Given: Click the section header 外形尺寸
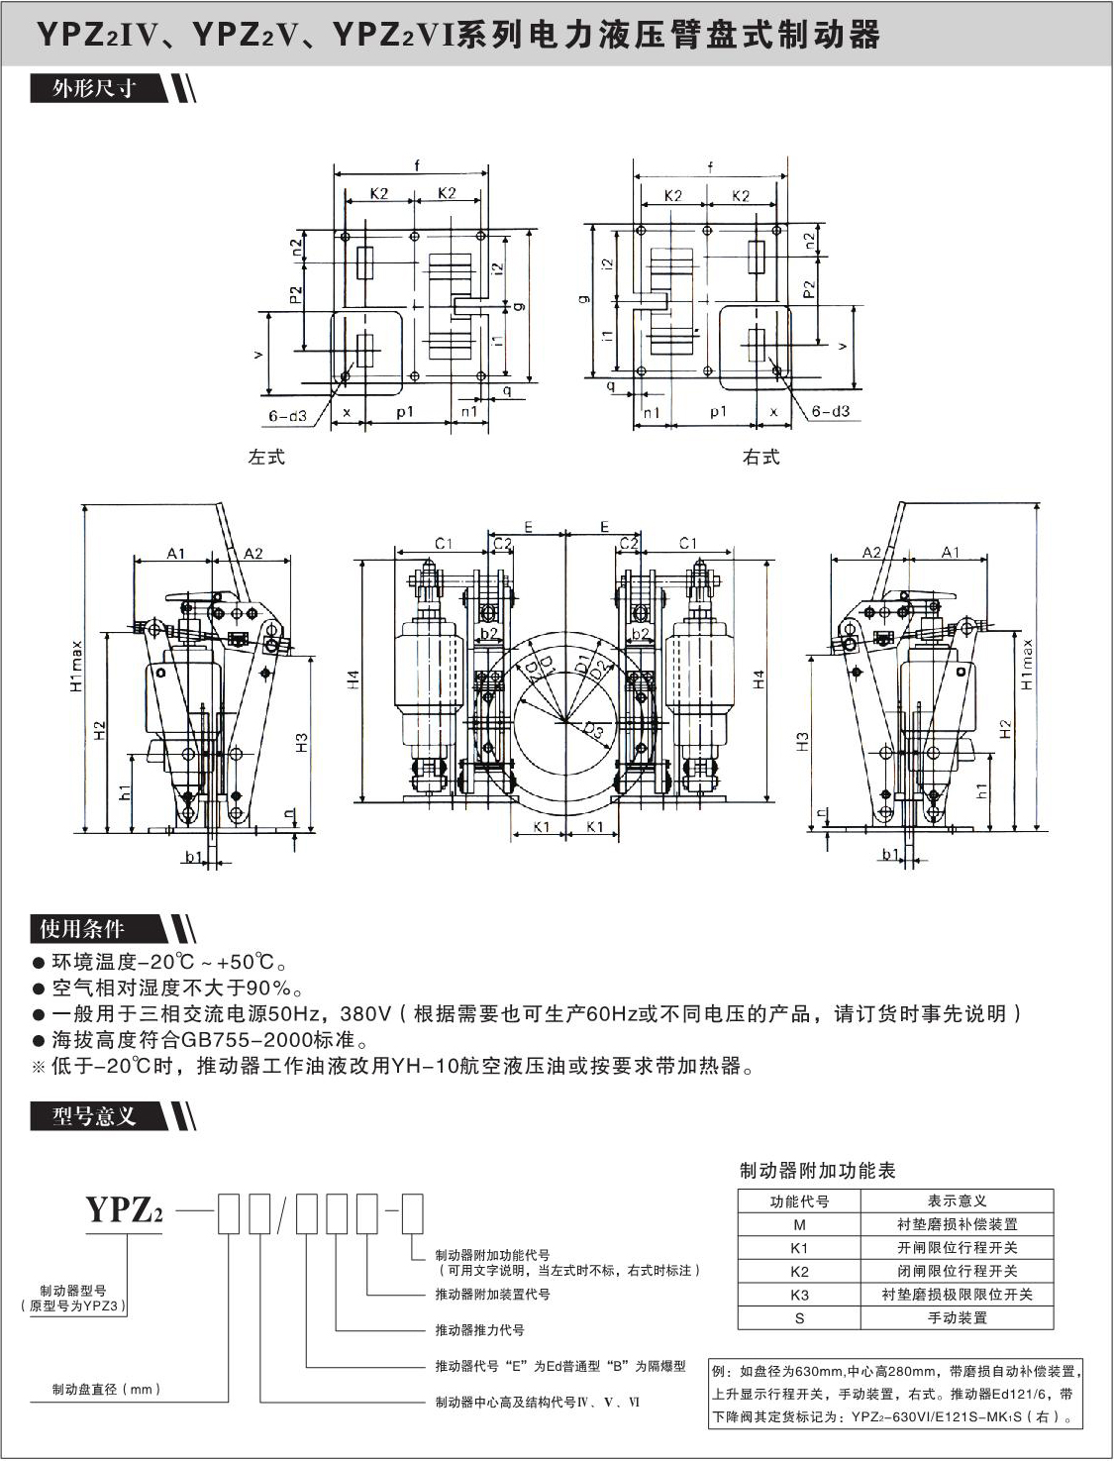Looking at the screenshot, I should pyautogui.click(x=94, y=88).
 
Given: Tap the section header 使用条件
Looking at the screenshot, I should pyautogui.click(x=82, y=928).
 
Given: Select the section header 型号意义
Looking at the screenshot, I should pyautogui.click(x=94, y=1116).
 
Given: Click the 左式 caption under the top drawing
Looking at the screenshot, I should pyautogui.click(x=266, y=458).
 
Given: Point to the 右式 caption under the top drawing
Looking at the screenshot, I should pyautogui.click(x=760, y=458).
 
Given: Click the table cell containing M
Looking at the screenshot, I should pyautogui.click(x=799, y=1224).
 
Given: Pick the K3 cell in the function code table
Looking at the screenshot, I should pyautogui.click(x=799, y=1295).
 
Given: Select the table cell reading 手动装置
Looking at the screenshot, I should pyautogui.click(x=957, y=1318).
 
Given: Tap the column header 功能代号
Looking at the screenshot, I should pyautogui.click(x=799, y=1201).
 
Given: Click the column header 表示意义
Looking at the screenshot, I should pyautogui.click(x=957, y=1201).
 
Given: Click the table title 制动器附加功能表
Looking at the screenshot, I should pyautogui.click(x=817, y=1171).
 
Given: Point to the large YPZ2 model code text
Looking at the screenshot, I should pyautogui.click(x=124, y=1210).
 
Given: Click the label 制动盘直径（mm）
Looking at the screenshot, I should pyautogui.click(x=107, y=1390).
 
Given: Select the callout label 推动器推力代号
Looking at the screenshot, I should pyautogui.click(x=479, y=1330).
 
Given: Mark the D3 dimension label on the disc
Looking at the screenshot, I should pyautogui.click(x=592, y=731).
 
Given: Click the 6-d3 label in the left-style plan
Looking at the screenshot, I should pyautogui.click(x=287, y=416).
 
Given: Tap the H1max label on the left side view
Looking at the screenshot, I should pyautogui.click(x=76, y=665).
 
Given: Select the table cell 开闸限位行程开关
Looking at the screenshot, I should pyautogui.click(x=957, y=1248).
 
